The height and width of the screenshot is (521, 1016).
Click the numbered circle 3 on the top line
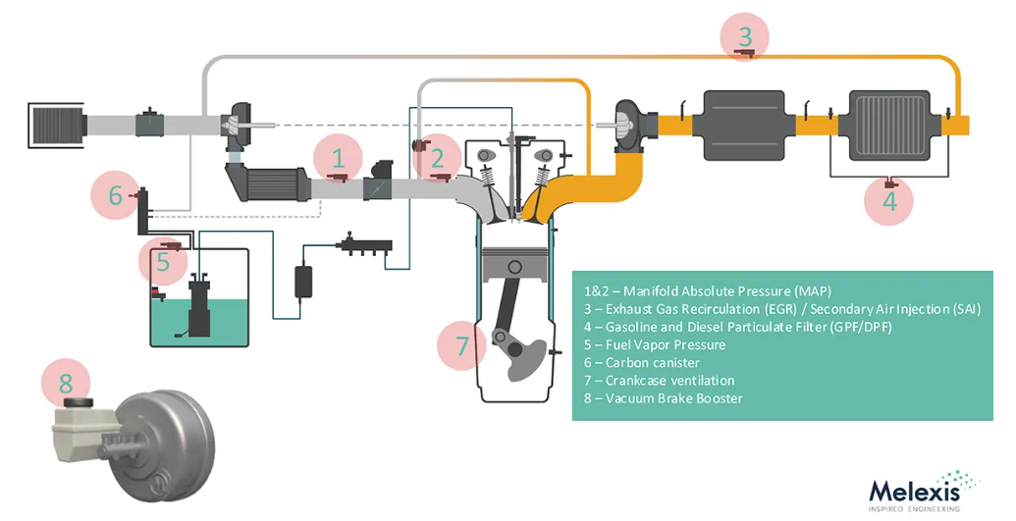(x=745, y=36)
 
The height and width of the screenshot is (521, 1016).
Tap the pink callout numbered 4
(x=889, y=201)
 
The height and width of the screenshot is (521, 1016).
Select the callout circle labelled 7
(x=461, y=345)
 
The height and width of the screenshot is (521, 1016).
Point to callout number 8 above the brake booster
(x=66, y=383)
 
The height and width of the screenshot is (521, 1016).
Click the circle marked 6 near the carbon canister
(x=115, y=195)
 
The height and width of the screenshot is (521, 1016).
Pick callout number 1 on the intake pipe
(x=338, y=159)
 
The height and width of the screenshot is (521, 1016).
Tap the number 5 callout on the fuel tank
(x=163, y=261)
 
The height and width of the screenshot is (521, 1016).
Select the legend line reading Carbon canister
(x=641, y=362)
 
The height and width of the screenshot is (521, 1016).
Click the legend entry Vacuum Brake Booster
(x=663, y=398)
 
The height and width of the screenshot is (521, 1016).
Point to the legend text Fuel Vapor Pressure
(x=655, y=344)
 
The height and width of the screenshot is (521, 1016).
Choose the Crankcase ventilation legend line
(x=659, y=381)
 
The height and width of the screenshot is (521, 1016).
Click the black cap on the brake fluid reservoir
(x=79, y=402)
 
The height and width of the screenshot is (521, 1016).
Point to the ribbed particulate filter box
(x=892, y=125)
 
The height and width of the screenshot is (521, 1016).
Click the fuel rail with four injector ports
(x=363, y=246)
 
